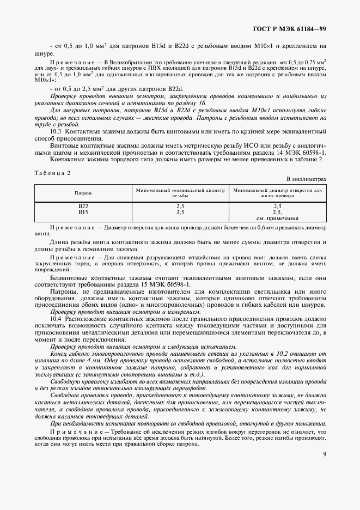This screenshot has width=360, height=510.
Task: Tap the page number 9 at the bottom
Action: pyautogui.click(x=324, y=454)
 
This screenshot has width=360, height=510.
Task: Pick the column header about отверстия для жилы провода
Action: pyautogui.click(x=277, y=193)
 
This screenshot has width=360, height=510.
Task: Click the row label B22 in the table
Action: pyautogui.click(x=83, y=207)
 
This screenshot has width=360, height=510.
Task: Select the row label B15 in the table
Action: pyautogui.click(x=83, y=212)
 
